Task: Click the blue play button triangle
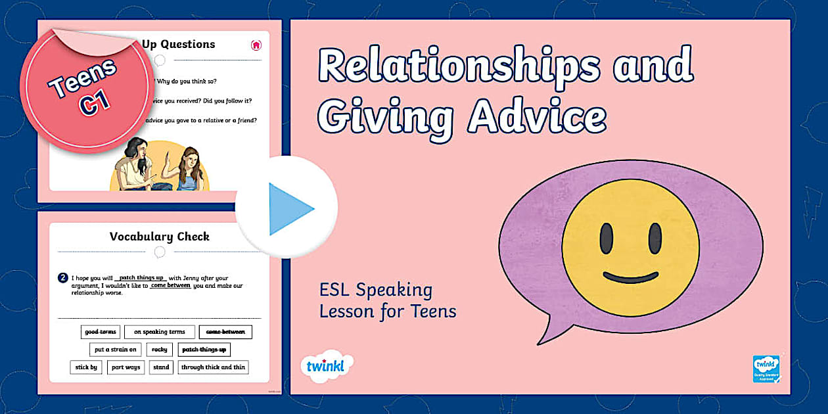coord(289,209)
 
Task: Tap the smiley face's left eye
coord(607,239)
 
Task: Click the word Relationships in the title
coord(459,66)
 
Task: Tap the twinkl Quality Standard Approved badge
coord(766,369)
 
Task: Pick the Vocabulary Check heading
coord(160,237)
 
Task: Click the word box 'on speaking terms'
coord(160,332)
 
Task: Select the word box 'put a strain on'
coord(115,350)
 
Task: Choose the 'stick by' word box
coord(86,367)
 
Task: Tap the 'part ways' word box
coord(126,367)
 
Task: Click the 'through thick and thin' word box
coord(213,367)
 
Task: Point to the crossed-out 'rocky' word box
coord(160,350)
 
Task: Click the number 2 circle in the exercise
coord(62,278)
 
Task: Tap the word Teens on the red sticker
coord(82,77)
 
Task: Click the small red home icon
coord(256,45)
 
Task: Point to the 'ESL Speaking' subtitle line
coord(376,290)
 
